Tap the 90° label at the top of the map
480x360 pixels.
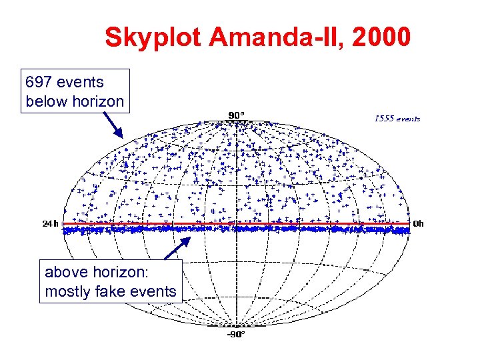click(236, 115)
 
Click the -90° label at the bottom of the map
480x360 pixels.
click(236, 333)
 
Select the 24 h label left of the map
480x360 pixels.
click(51, 224)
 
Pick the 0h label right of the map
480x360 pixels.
click(419, 223)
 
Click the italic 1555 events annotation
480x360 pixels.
click(397, 119)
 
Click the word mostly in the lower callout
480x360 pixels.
click(65, 291)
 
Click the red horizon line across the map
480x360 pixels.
click(300, 223)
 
